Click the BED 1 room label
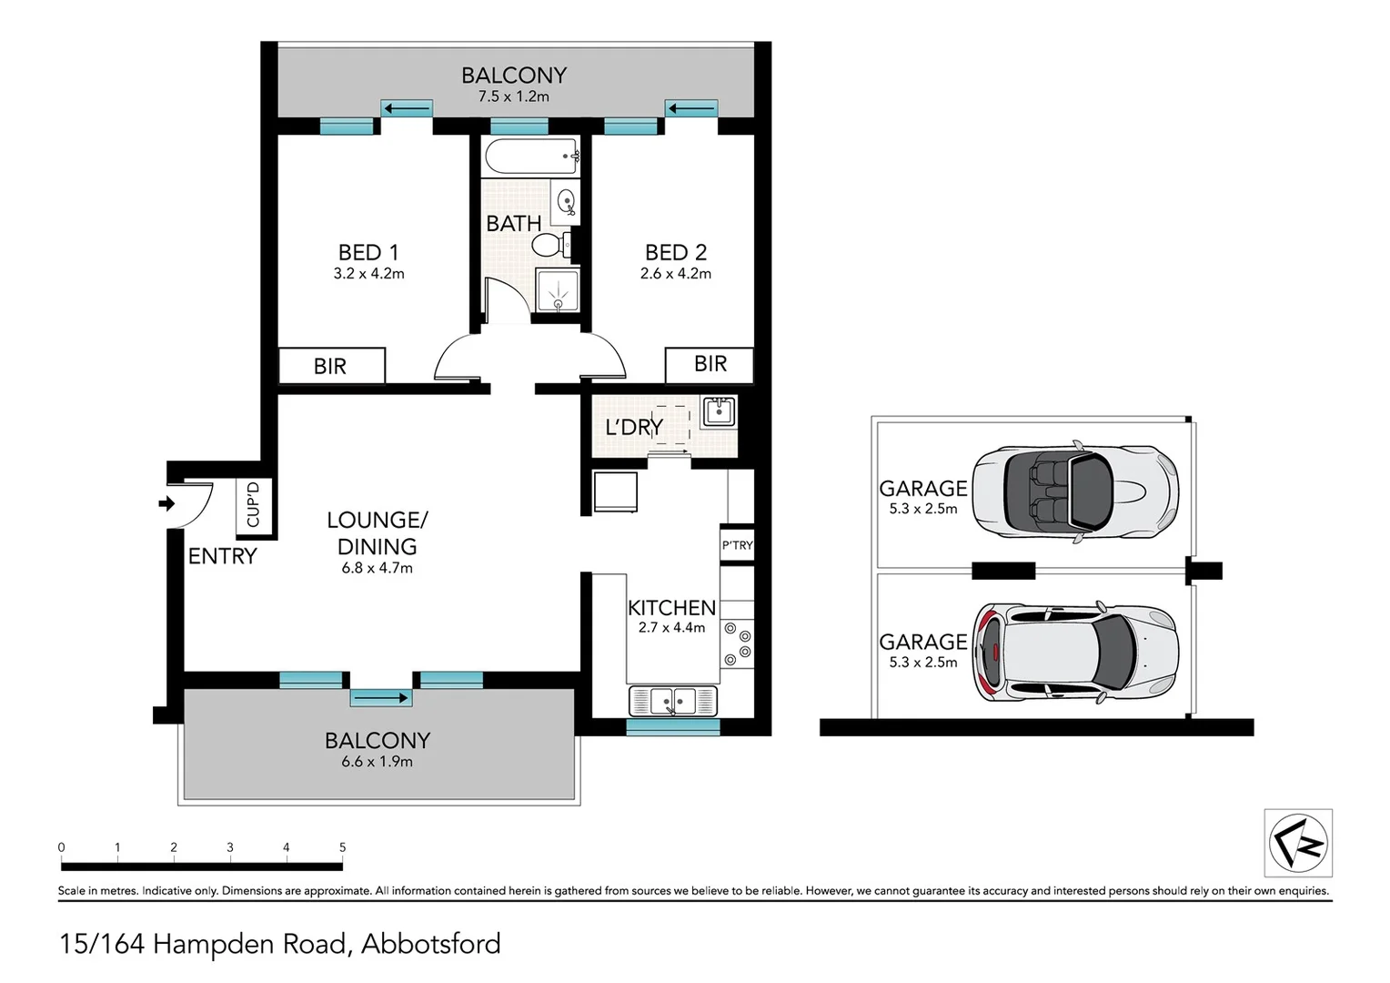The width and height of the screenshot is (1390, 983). (x=368, y=252)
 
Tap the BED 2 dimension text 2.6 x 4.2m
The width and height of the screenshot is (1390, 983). (x=675, y=273)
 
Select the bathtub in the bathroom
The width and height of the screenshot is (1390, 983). (x=532, y=157)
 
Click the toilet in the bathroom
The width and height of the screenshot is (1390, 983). (x=549, y=244)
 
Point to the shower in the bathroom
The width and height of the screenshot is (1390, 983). (x=557, y=290)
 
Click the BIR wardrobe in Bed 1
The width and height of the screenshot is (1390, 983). (x=331, y=366)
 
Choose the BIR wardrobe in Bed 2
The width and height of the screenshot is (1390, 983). (x=710, y=364)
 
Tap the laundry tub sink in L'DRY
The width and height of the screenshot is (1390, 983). (x=718, y=411)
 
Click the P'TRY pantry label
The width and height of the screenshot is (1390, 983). (x=737, y=545)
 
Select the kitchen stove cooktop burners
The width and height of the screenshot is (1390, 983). (x=738, y=644)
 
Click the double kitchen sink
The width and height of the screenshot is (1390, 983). (x=673, y=701)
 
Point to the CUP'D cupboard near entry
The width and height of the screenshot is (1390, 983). (x=254, y=503)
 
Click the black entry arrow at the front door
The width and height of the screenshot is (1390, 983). (x=166, y=503)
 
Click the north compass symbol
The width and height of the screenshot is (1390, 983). (x=1298, y=842)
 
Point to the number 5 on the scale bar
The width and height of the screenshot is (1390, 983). (x=342, y=847)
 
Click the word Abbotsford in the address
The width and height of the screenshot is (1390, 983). (x=431, y=944)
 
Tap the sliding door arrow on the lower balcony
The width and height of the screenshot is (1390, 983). (x=381, y=698)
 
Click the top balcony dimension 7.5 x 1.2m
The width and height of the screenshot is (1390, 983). (x=513, y=96)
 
